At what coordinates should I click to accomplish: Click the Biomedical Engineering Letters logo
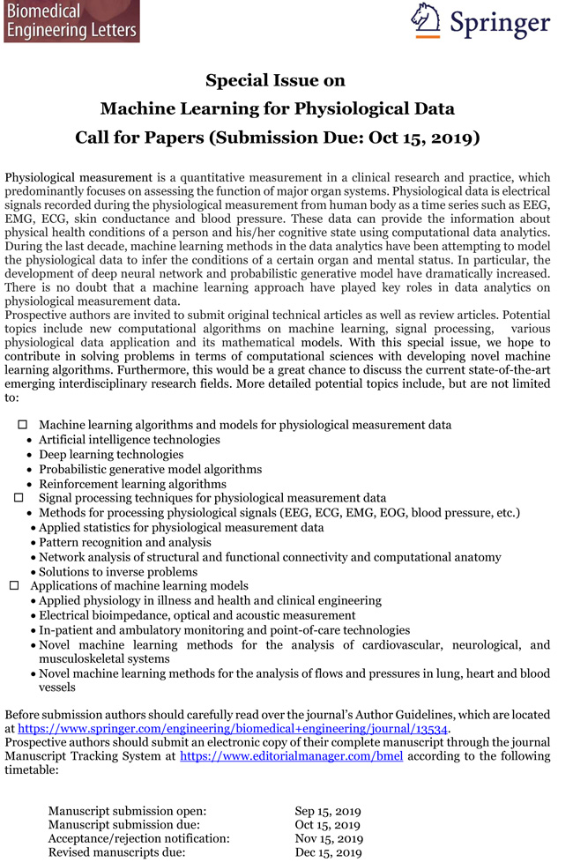[x=71, y=21]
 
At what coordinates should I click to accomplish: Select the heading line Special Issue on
[x=275, y=81]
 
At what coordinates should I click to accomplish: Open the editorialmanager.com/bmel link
[x=291, y=756]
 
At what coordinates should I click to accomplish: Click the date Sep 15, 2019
[x=328, y=811]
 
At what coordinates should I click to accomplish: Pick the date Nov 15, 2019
[x=329, y=839]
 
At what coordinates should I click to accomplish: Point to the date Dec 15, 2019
[x=329, y=853]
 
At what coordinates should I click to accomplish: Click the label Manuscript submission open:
[x=127, y=811]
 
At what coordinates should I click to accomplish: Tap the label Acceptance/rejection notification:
[x=138, y=839]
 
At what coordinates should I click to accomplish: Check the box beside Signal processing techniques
[x=18, y=498]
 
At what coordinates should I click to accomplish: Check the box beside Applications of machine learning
[x=14, y=585]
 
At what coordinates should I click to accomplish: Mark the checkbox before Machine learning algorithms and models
[x=23, y=425]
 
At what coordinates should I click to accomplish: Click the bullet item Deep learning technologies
[x=111, y=455]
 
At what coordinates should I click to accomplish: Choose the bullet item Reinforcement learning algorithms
[x=132, y=484]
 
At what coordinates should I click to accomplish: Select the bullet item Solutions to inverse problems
[x=118, y=571]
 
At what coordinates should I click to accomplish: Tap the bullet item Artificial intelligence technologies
[x=129, y=440]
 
